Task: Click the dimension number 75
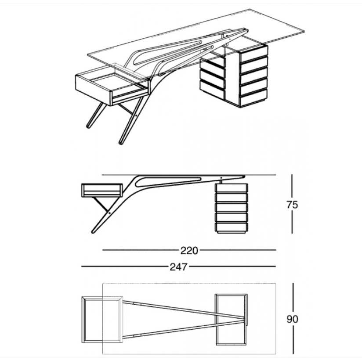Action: pos(292,205)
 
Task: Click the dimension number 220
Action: pos(189,250)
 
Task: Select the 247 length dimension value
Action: pos(178,267)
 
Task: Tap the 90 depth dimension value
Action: pos(292,319)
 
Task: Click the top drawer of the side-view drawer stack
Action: pos(232,188)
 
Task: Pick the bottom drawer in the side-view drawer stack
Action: pos(232,227)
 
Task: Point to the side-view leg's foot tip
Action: pos(93,232)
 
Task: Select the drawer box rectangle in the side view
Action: pos(102,191)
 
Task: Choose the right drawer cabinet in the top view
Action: pos(232,319)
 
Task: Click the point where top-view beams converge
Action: pos(244,319)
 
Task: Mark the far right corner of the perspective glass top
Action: pos(304,31)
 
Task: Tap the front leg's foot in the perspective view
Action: pos(121,143)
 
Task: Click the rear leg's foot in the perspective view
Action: pos(88,126)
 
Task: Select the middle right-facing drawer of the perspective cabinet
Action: pos(254,73)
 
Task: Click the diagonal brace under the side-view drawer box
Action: pos(101,204)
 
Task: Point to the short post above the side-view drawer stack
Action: pos(221,181)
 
